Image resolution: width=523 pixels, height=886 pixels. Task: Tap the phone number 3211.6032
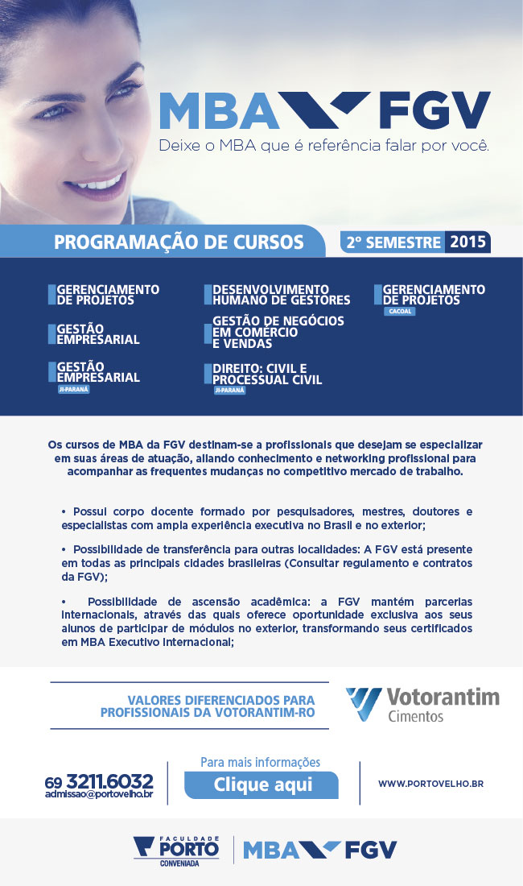(109, 780)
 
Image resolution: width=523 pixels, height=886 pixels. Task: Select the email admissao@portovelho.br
(99, 794)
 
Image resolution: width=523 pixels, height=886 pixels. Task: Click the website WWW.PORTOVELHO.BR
(430, 783)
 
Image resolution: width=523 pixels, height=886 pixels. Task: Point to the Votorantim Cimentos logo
(422, 705)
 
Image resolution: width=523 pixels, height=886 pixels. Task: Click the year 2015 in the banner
(467, 242)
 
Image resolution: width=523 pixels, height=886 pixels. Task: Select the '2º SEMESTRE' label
(393, 242)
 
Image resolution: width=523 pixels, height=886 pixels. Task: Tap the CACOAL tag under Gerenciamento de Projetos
(400, 311)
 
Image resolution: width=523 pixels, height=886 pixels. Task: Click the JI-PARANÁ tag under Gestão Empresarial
(74, 388)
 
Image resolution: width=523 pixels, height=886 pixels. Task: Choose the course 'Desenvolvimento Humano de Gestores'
(281, 295)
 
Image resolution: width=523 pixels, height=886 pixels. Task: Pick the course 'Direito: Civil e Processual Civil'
(266, 375)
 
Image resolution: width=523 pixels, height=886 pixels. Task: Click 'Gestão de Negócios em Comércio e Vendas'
(278, 332)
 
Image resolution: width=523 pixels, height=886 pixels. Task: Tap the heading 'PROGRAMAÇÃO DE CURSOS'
(179, 242)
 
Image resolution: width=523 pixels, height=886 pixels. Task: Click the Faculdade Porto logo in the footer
(176, 851)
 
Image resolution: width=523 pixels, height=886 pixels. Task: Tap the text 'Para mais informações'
(260, 762)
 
